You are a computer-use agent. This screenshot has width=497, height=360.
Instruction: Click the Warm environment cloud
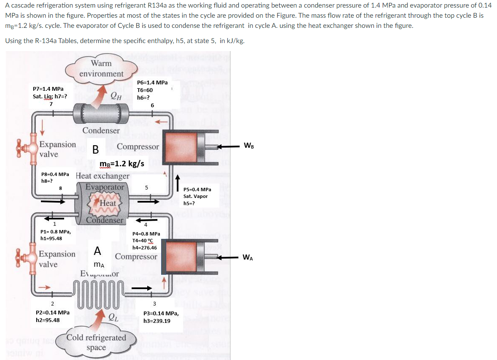point(101,68)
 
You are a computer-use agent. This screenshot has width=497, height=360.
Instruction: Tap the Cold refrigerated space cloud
point(96,342)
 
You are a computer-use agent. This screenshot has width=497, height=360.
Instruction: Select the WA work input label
point(248,257)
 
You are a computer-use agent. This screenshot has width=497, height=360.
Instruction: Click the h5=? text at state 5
point(189,203)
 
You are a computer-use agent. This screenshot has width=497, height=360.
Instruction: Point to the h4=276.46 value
point(144,248)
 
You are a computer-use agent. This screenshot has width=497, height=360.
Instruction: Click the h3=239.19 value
point(157,321)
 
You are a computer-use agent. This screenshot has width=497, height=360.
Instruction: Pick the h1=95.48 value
point(51,238)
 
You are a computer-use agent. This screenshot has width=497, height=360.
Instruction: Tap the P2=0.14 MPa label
point(53,313)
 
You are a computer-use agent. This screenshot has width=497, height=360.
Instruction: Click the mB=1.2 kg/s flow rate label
point(122,163)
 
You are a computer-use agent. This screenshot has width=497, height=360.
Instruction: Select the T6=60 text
point(145,90)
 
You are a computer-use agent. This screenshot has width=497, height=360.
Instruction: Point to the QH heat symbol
point(116,96)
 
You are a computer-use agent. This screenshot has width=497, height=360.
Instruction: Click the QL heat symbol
point(113,317)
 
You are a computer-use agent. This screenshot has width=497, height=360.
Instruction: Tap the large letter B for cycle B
point(96,149)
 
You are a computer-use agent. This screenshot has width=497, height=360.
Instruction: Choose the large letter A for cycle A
point(97,251)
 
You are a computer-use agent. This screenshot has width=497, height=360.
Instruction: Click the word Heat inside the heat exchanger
point(108,203)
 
